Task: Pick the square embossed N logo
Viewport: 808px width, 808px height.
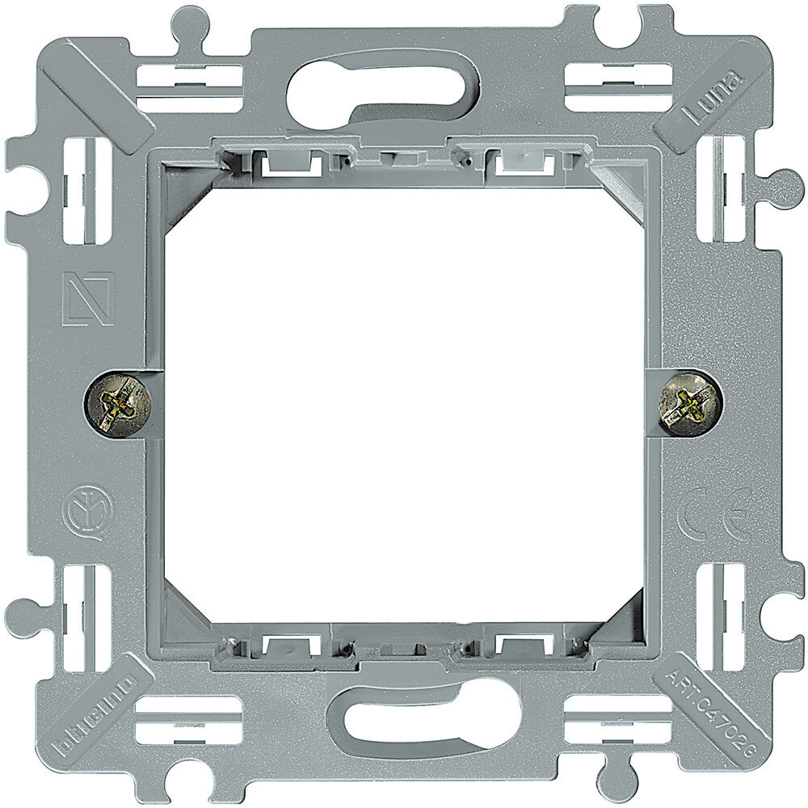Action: tap(88, 299)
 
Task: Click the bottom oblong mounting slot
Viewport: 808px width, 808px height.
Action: tap(423, 716)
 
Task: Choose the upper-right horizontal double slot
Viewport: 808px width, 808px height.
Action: tap(617, 86)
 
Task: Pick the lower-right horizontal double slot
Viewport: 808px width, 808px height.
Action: tap(617, 720)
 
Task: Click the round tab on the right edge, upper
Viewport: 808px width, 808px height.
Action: tap(782, 189)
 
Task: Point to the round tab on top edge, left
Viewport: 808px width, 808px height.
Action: tap(189, 23)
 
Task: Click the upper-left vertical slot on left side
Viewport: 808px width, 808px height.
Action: tap(86, 191)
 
